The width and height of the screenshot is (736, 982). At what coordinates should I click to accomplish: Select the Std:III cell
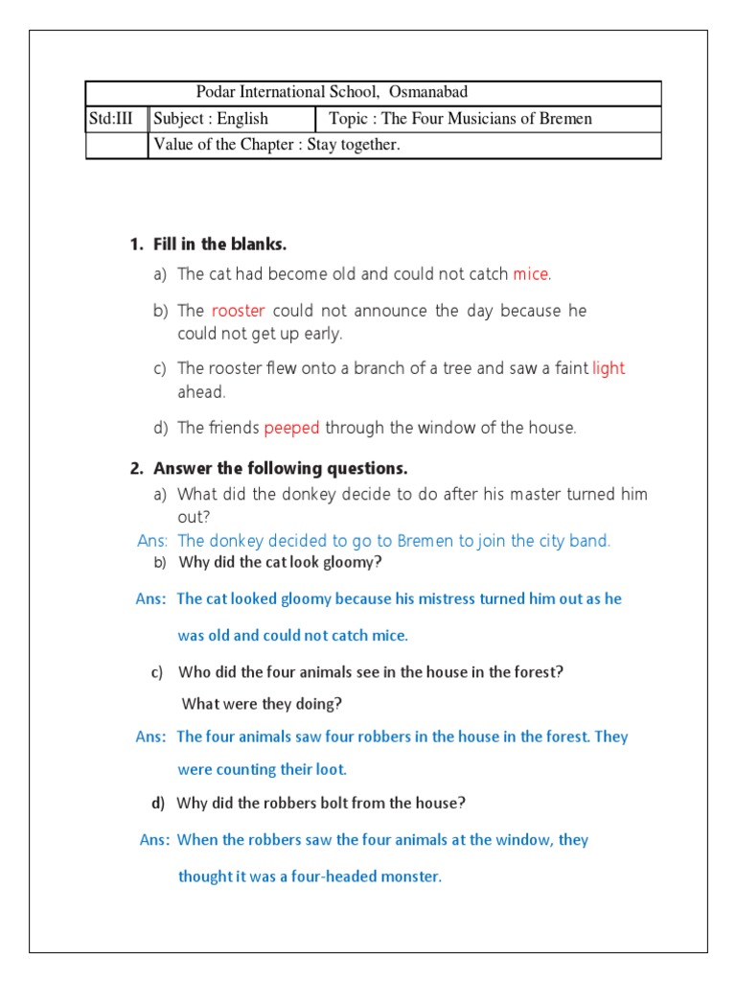[x=116, y=119]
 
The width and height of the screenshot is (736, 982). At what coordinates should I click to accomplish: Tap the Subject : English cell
[x=212, y=119]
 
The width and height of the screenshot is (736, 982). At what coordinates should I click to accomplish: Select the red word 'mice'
[x=531, y=274]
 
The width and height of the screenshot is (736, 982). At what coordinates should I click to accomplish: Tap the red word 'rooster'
[x=238, y=311]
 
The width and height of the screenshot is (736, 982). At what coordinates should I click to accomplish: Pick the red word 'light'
[x=609, y=368]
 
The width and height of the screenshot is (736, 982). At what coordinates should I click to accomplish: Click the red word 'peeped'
[x=292, y=428]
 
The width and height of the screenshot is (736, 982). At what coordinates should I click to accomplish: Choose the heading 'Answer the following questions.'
[x=280, y=469]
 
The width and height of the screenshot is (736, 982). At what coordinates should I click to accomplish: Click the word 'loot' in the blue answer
[x=328, y=769]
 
